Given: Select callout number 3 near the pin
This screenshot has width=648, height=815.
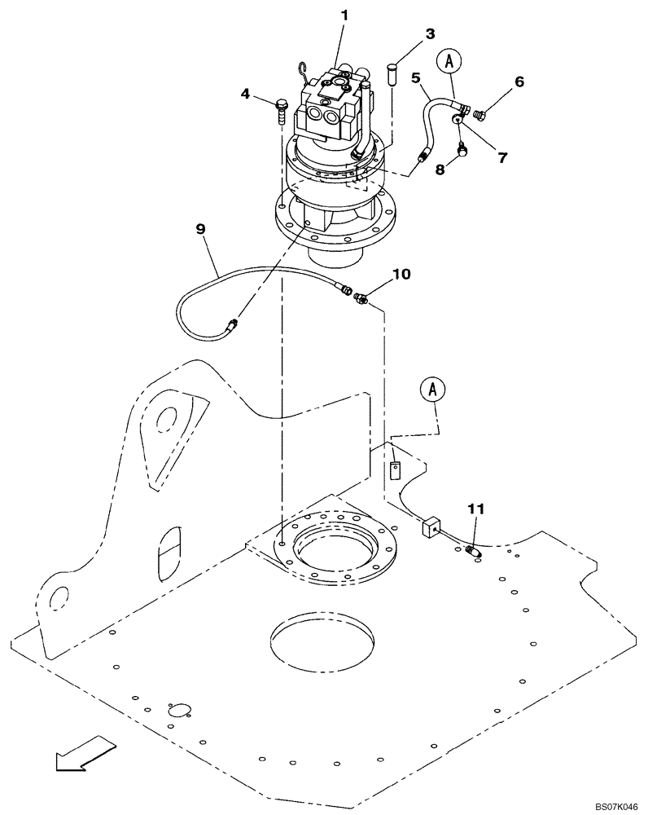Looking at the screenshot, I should click(x=430, y=34).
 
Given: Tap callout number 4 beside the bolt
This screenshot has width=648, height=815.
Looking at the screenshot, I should click(x=244, y=94).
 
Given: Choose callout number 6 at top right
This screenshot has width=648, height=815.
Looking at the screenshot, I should click(x=519, y=82).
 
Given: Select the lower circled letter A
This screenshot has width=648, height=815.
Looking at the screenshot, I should click(x=433, y=390).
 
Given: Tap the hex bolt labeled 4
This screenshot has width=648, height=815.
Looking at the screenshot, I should click(x=282, y=108).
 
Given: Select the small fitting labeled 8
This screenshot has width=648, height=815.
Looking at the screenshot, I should click(x=462, y=148).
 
